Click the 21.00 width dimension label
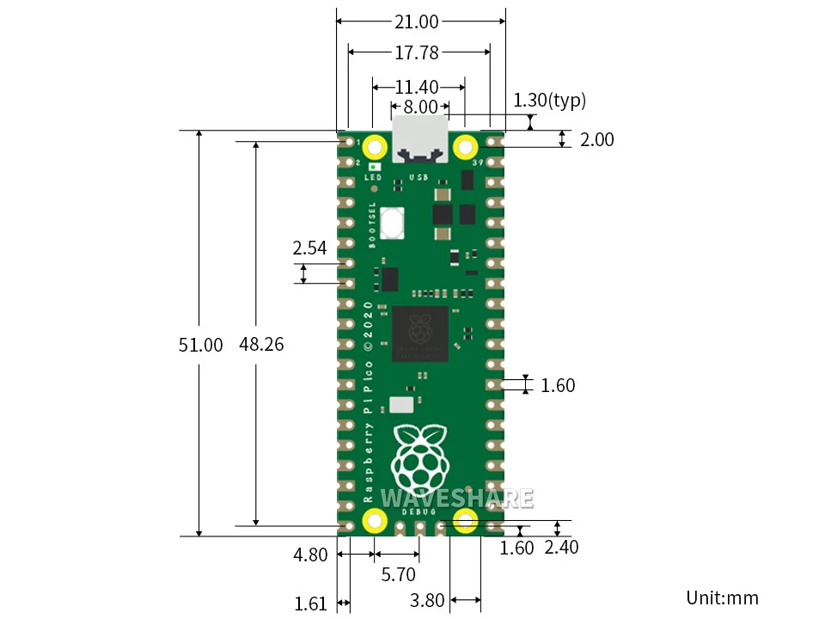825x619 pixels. pos(417,21)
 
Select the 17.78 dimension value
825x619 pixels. pos(417,53)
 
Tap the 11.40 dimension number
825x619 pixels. pos(417,87)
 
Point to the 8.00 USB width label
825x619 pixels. pos(420,107)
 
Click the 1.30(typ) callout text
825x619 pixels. pos(549,101)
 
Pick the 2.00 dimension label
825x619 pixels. pos(597,139)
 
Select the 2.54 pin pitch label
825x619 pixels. pos(309,248)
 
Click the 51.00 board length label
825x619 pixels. pos(200,345)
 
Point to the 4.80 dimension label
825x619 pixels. pos(310,555)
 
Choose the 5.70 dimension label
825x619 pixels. pos(398,573)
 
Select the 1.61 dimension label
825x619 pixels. pos(310,604)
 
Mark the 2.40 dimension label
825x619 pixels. pos(562,548)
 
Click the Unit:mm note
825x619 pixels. pos(722,598)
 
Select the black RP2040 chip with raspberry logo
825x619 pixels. pos(420,334)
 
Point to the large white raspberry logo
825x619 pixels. pos(420,456)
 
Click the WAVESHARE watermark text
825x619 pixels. pos(456,499)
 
